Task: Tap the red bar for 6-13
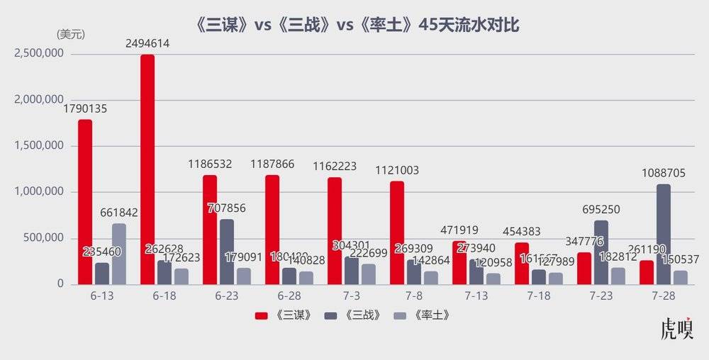tap(85, 202)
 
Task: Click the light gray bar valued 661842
tap(119, 254)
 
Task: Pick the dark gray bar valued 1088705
tap(664, 234)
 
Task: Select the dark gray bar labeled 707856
tap(227, 252)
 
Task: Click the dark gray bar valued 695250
tap(601, 252)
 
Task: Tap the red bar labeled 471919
tap(459, 262)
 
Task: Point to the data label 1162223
tap(337, 167)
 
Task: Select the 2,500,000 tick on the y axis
tap(39, 54)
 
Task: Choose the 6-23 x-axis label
tap(227, 296)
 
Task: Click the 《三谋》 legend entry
tap(284, 315)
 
